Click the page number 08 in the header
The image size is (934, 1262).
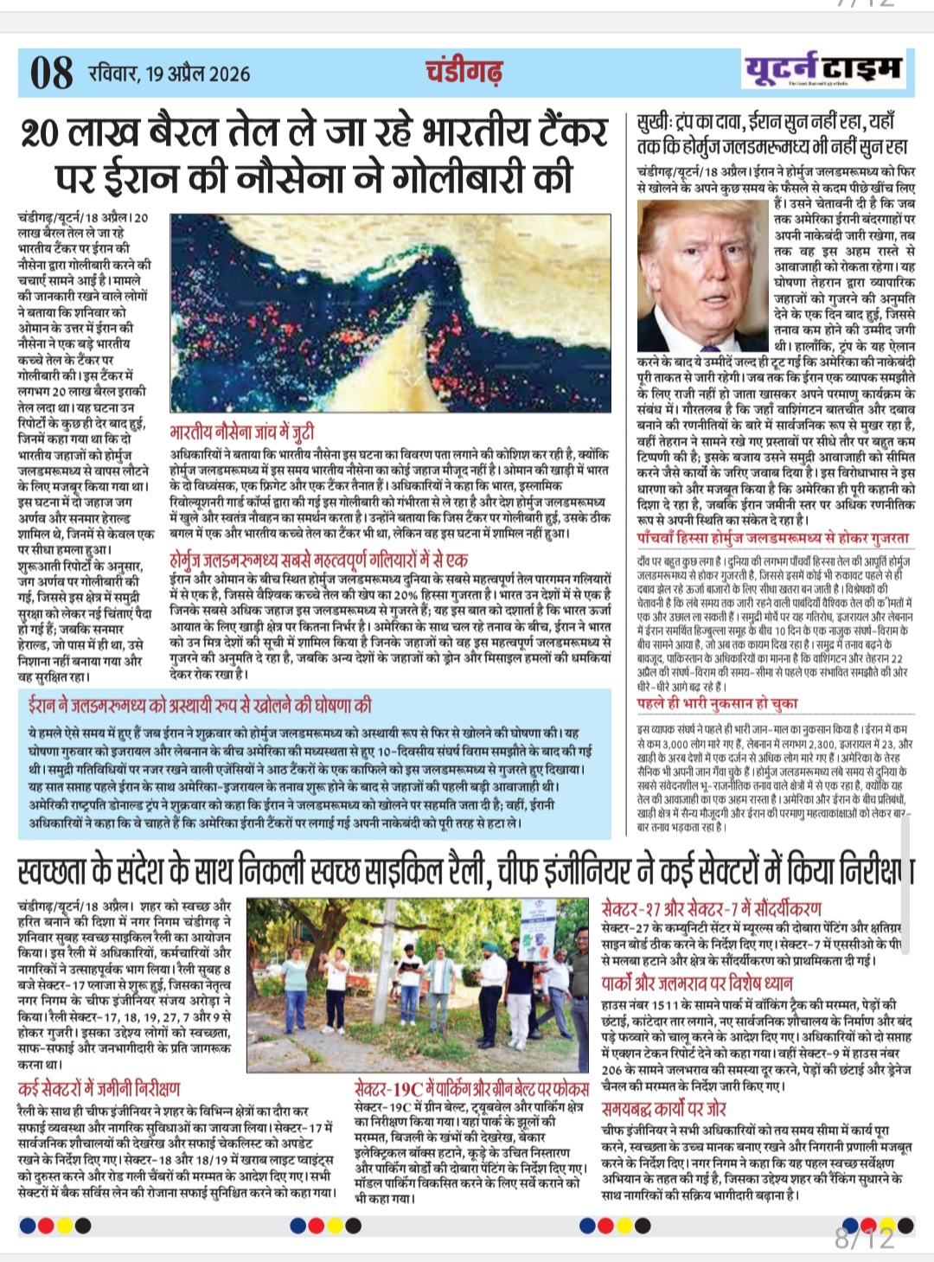[51, 73]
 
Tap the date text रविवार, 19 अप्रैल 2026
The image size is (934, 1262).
[169, 73]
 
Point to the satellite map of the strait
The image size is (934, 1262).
[390, 312]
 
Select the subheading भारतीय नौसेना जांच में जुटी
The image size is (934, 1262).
[242, 432]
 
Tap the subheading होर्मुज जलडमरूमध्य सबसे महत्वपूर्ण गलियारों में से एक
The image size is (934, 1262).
[319, 561]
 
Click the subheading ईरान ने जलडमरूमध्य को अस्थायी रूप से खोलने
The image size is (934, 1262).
[200, 706]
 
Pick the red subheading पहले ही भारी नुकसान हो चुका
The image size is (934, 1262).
[717, 703]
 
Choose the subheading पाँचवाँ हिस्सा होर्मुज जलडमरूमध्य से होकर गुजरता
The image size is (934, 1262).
[772, 538]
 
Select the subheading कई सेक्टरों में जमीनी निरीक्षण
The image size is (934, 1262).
[99, 1089]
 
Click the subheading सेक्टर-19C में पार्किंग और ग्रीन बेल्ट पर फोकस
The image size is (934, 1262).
[471, 1089]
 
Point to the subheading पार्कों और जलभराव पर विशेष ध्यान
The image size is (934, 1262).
[697, 983]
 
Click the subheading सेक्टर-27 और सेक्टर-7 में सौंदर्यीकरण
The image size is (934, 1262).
[712, 909]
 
